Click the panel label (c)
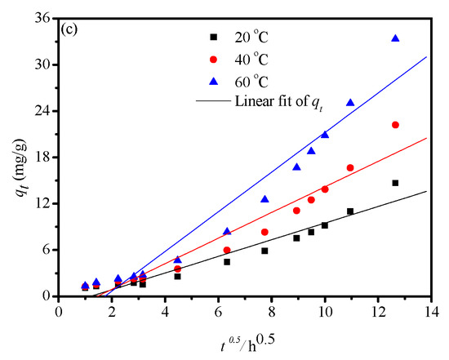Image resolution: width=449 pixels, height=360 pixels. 72,29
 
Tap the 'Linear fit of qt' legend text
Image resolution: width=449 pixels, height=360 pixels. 278,101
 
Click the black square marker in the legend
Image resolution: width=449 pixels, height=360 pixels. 214,38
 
